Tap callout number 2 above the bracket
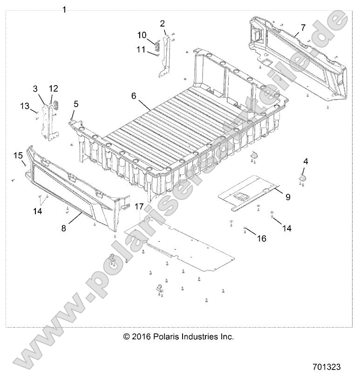tap(163, 23)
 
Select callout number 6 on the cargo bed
tap(134, 95)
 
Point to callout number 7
tap(303, 28)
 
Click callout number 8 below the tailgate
tap(63, 229)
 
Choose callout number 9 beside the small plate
tap(288, 197)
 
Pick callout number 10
tap(142, 35)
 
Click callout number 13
tap(25, 106)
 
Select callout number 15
tap(18, 155)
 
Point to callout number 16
tap(262, 238)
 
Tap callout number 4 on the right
tap(306, 162)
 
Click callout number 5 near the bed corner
tap(76, 104)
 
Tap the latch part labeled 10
tap(158, 44)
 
